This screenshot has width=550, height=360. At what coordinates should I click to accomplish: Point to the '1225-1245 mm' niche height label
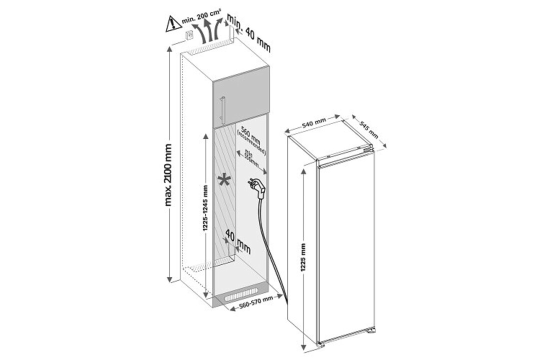205,215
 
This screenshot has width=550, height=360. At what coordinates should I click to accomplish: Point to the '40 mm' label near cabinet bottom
238,240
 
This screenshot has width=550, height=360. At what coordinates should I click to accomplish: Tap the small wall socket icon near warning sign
189,35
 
